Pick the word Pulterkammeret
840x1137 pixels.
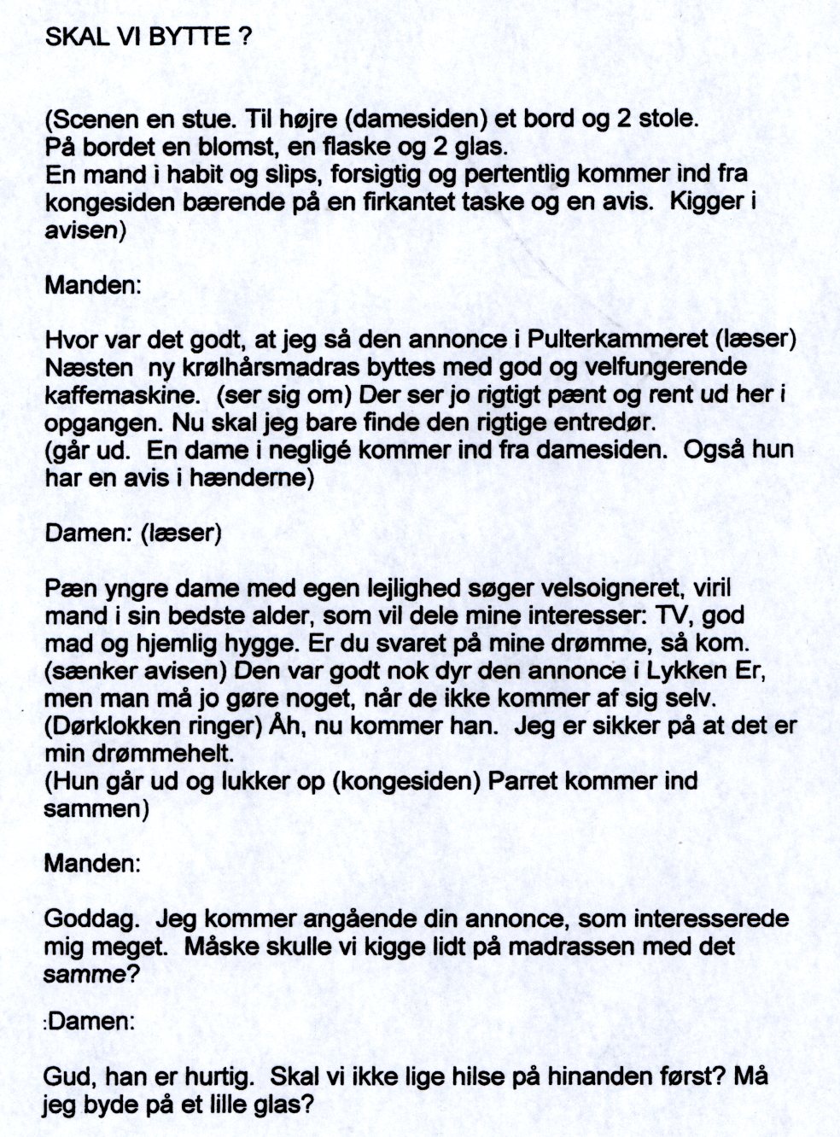[x=620, y=340]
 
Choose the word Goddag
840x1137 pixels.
[x=86, y=919]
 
